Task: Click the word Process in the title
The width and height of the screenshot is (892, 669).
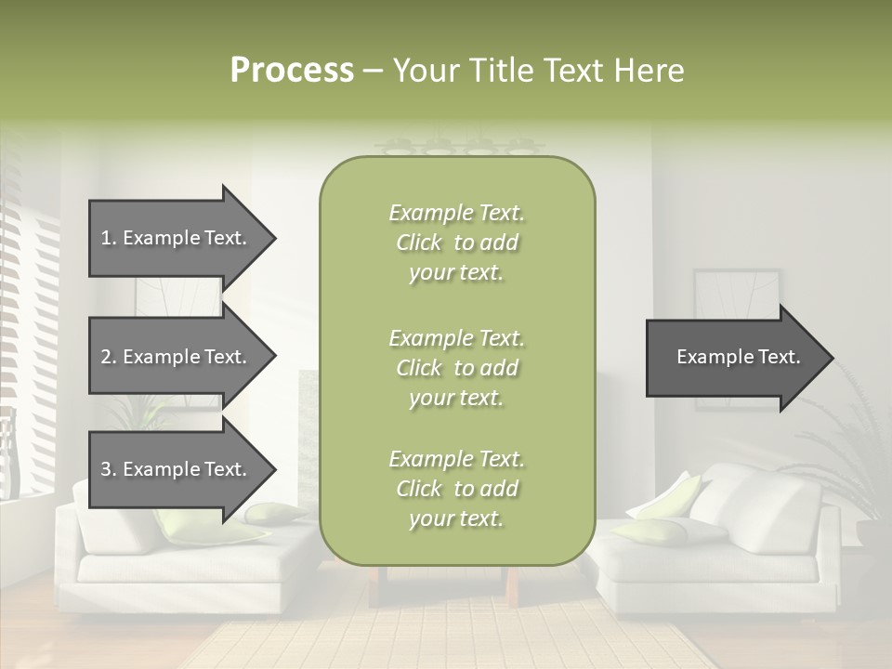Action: point(292,71)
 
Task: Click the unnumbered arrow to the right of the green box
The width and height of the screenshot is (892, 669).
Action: point(734,357)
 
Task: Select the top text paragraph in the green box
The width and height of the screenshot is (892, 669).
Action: point(456,243)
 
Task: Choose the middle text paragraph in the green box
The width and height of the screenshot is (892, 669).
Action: point(456,368)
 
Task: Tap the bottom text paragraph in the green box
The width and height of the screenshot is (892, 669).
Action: point(456,489)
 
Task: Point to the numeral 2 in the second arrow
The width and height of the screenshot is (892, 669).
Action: point(106,357)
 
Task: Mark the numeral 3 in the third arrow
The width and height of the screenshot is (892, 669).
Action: point(106,469)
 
